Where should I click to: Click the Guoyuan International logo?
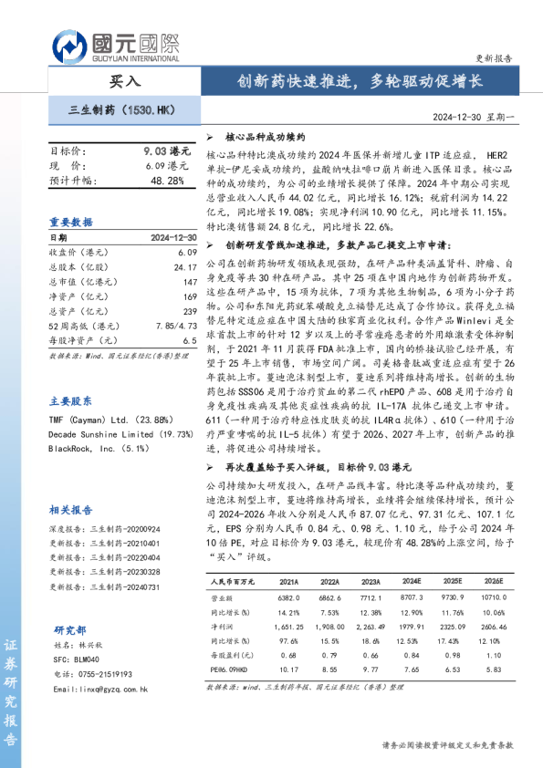click(114, 42)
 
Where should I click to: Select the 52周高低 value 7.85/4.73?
click(176, 326)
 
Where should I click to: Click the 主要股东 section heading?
click(71, 400)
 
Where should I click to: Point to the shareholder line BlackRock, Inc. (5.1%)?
click(95, 449)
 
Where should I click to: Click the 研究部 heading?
click(69, 629)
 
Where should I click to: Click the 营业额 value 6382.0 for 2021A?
click(288, 597)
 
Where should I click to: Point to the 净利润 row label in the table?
click(222, 626)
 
